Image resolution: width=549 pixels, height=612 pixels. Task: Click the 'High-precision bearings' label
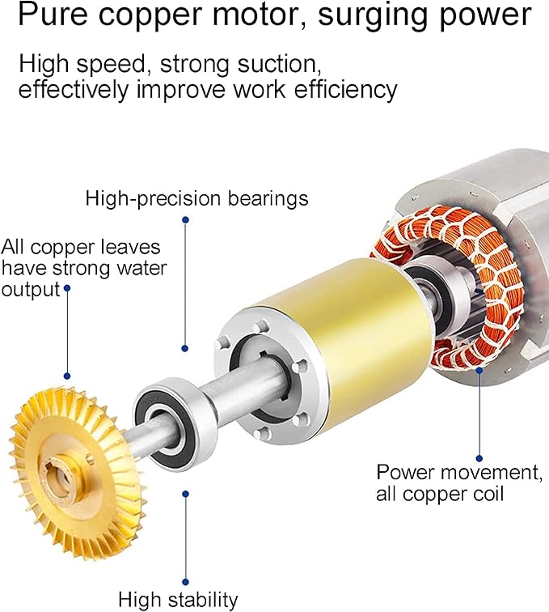(196, 198)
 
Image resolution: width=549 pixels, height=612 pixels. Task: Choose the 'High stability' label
(178, 600)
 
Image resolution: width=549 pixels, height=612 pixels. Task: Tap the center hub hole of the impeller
(60, 470)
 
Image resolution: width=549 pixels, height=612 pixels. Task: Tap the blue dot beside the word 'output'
(67, 287)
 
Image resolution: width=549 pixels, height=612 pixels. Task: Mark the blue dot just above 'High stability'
(186, 493)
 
